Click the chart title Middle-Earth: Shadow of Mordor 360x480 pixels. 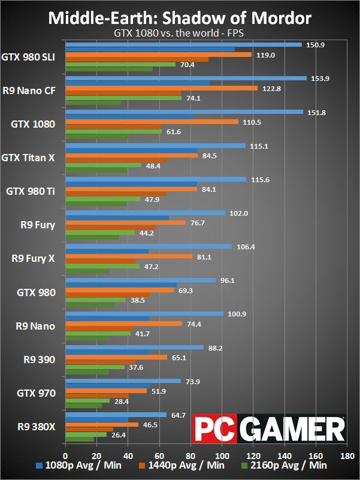[x=180, y=18]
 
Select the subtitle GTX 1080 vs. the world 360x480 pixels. [x=180, y=34]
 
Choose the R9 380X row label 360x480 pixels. [x=34, y=427]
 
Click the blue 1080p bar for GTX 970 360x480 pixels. [x=122, y=381]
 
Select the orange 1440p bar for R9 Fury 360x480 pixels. [x=125, y=222]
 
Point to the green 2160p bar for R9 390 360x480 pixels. [x=95, y=367]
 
